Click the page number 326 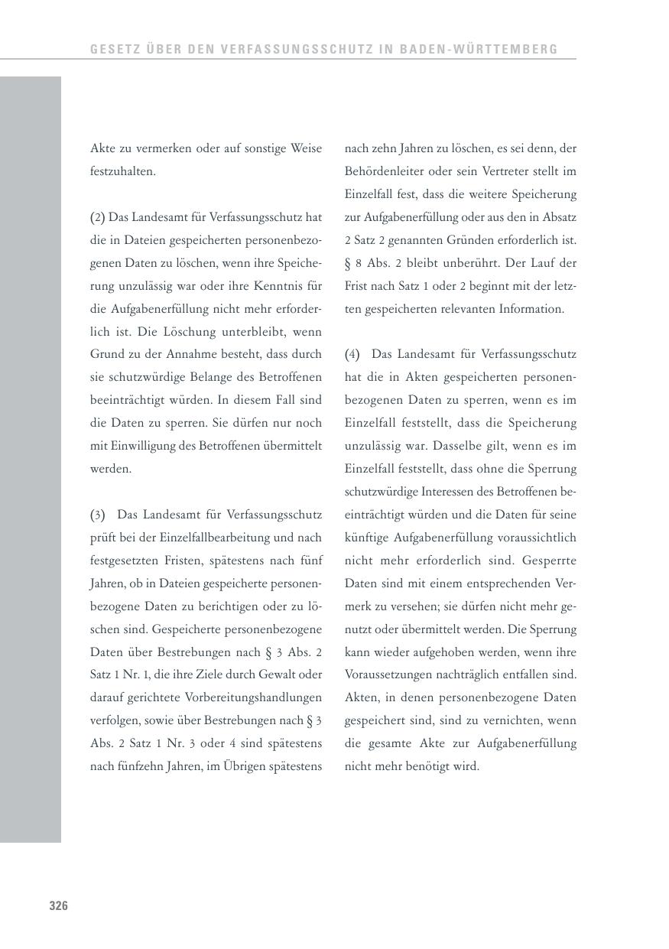pyautogui.click(x=59, y=906)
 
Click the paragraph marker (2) pyautogui.click(x=97, y=217)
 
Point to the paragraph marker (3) pyautogui.click(x=97, y=515)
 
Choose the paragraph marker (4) pyautogui.click(x=352, y=355)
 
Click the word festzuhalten pyautogui.click(x=122, y=171)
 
